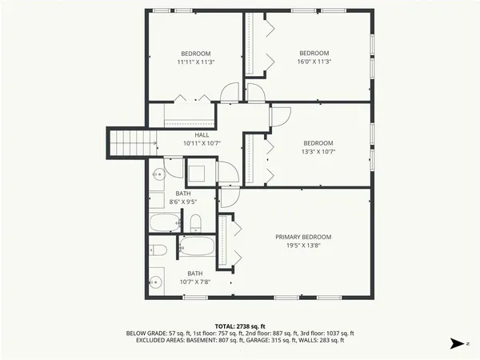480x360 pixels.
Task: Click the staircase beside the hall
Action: click(x=127, y=142)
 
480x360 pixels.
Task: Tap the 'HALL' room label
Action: click(x=190, y=135)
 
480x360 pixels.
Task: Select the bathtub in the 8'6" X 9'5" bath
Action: click(x=166, y=222)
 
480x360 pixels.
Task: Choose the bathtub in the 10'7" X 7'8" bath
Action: click(x=196, y=246)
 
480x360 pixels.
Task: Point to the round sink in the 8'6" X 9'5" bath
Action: click(x=158, y=173)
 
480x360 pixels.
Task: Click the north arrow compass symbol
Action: click(x=457, y=343)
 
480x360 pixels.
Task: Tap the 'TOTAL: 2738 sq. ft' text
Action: click(x=240, y=326)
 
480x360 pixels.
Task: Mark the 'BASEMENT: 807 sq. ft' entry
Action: click(x=214, y=340)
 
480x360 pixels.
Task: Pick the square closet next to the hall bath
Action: click(x=199, y=172)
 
